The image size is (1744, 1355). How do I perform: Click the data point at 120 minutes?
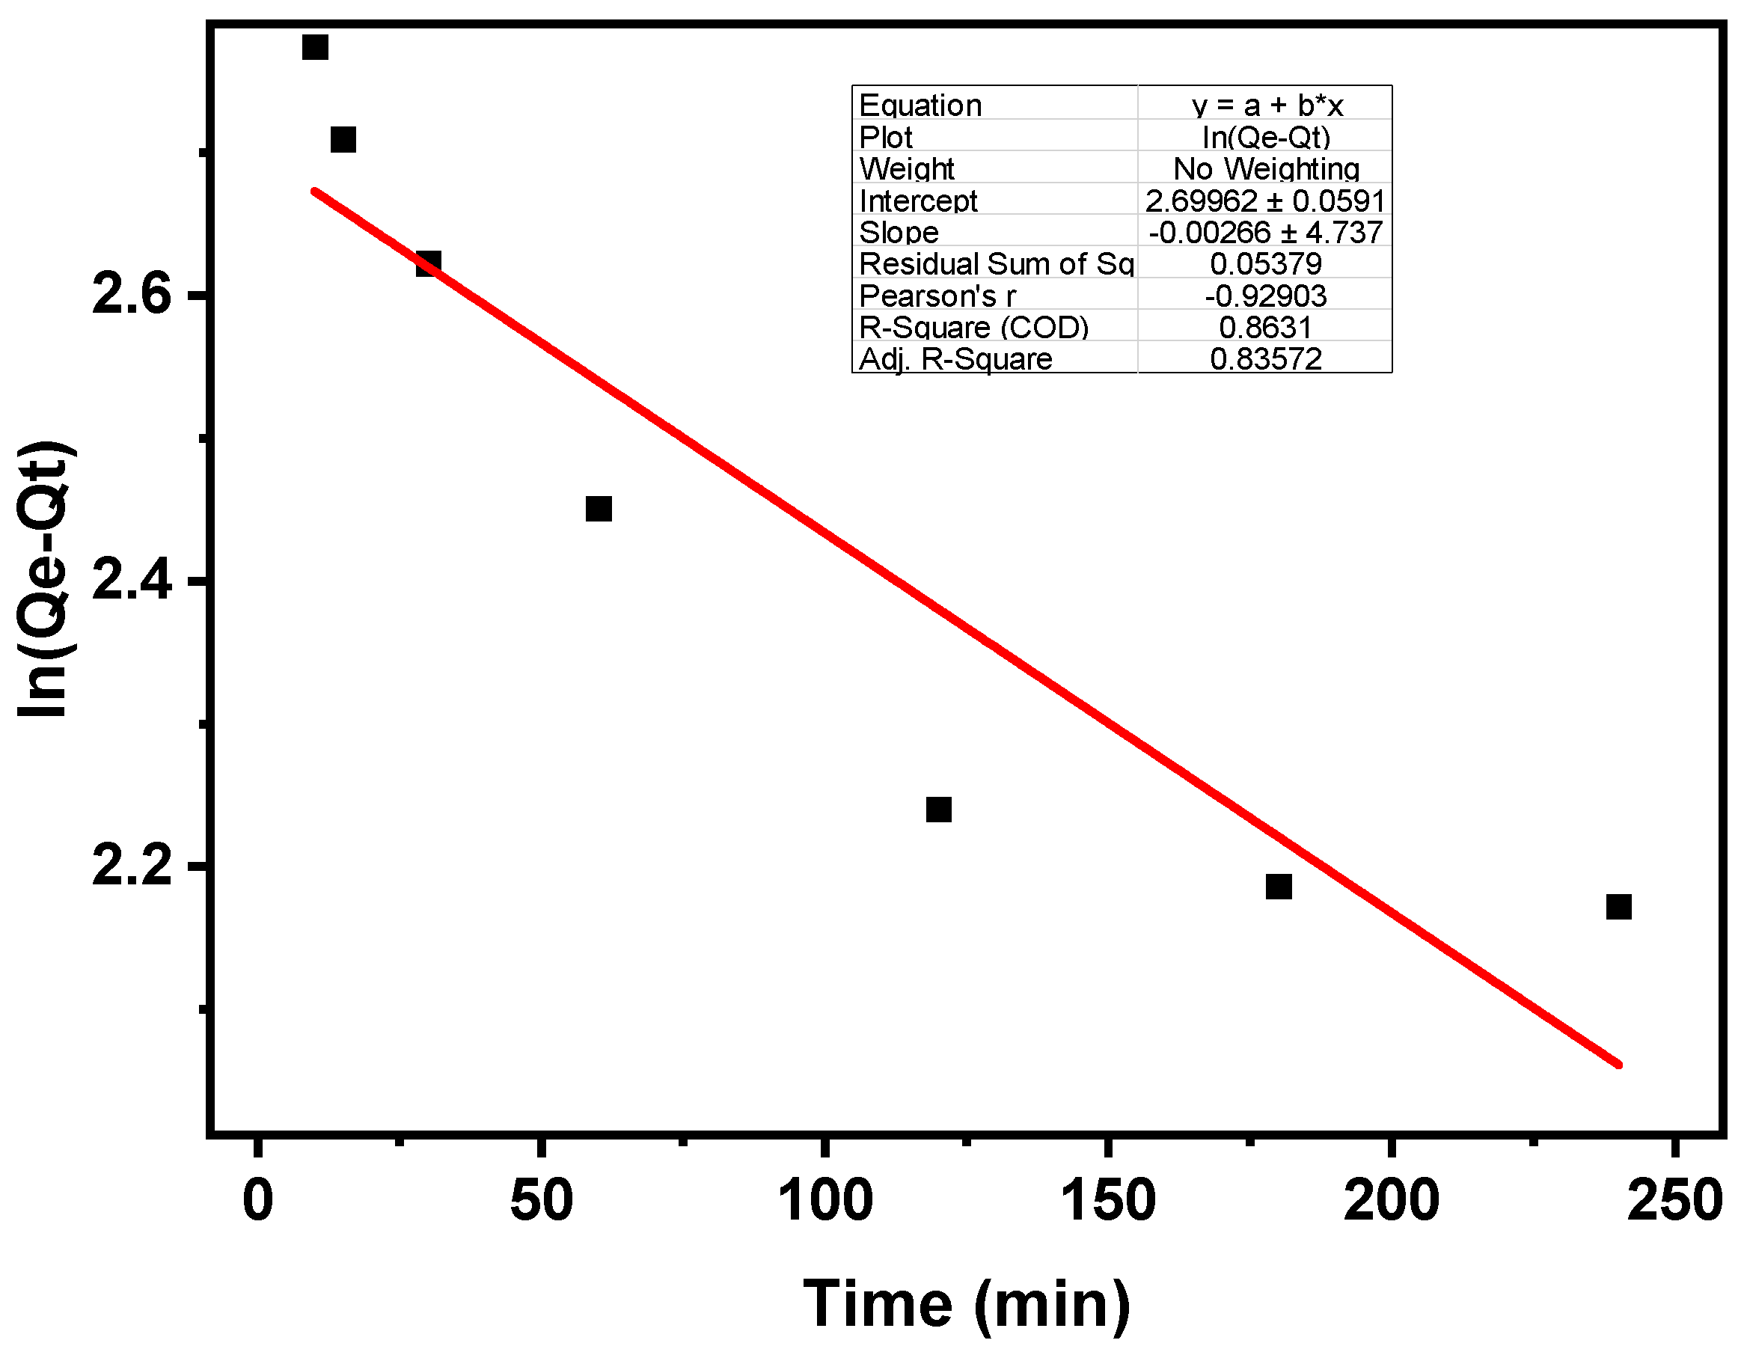pos(939,810)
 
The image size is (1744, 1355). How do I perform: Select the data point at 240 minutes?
pos(1618,907)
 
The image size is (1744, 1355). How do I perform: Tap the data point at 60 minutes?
pos(599,509)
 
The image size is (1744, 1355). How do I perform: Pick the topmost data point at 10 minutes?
pos(316,47)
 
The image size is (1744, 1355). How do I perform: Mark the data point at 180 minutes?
pos(1279,887)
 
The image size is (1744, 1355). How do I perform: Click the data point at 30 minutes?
pos(428,263)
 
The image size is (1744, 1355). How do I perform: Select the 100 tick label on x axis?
pos(825,1200)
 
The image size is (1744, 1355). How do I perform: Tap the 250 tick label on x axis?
pos(1674,1200)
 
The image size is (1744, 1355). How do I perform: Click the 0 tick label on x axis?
pos(257,1200)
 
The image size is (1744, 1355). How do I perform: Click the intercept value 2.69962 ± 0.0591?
pos(1265,201)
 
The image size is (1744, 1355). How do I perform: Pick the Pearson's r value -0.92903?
pos(1266,296)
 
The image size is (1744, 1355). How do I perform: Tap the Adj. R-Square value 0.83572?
pos(1266,359)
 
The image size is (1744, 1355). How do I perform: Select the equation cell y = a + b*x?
pos(1267,105)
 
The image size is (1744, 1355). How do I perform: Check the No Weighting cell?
pos(1266,168)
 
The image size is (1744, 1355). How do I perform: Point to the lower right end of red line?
pos(1618,1065)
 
